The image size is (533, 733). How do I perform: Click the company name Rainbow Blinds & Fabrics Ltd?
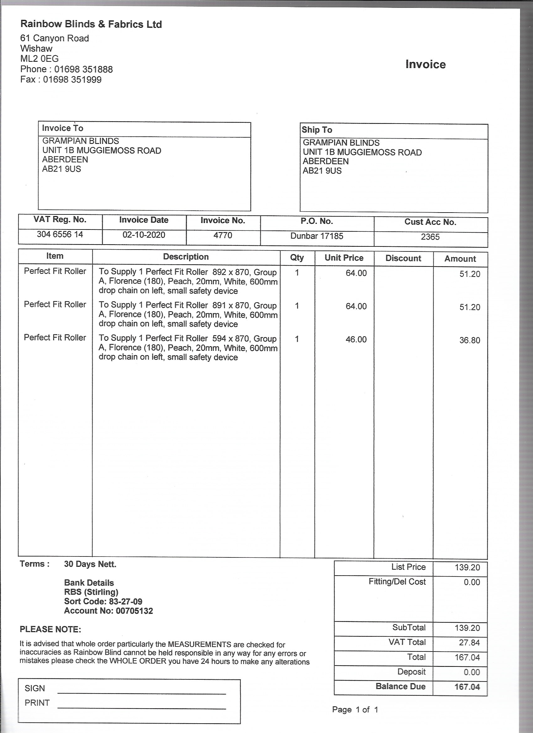coord(91,24)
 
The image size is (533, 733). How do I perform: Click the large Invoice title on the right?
coord(425,64)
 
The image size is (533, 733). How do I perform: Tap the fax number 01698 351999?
coord(72,80)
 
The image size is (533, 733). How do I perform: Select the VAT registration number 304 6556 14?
coord(60,234)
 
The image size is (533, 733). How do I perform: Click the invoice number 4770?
coord(223,235)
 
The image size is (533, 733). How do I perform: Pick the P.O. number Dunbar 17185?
coord(316,236)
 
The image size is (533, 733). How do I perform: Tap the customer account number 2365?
coord(430,237)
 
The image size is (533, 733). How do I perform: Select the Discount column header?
coord(403,258)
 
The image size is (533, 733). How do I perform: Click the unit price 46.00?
coord(356,339)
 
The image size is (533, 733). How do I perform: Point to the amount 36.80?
coord(469,340)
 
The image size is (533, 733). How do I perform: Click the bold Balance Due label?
coord(400,687)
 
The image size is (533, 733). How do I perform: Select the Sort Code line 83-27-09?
coord(103,601)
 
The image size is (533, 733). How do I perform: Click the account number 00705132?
coord(108,611)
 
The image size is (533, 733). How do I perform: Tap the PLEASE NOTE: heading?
coord(50,629)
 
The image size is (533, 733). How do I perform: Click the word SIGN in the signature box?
coord(34,688)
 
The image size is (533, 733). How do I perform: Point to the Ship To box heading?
coord(317,130)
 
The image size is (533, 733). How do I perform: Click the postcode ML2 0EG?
coord(40,59)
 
